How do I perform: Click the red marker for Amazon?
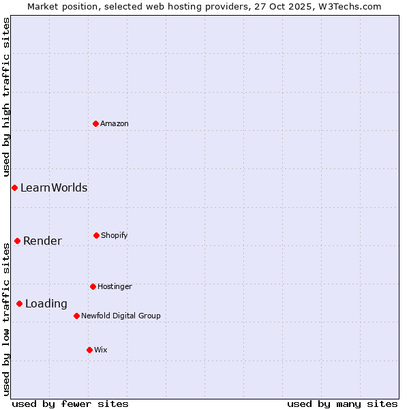point(96,123)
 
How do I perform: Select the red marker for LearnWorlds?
point(14,187)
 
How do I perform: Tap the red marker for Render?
point(17,241)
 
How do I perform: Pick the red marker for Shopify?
point(96,235)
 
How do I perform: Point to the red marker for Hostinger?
point(93,286)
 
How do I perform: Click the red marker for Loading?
point(19,303)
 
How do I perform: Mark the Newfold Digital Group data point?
point(76,316)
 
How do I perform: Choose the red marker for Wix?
point(89,350)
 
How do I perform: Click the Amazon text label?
point(115,123)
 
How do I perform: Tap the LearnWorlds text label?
point(54,187)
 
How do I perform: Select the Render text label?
point(42,241)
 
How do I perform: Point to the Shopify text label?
point(115,235)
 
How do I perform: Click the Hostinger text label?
point(115,286)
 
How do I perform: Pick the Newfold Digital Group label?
point(121,316)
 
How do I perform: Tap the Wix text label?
point(101,350)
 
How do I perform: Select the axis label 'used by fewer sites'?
point(70,404)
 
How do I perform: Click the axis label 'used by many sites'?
point(342,404)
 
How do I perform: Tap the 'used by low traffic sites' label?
point(6,319)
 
